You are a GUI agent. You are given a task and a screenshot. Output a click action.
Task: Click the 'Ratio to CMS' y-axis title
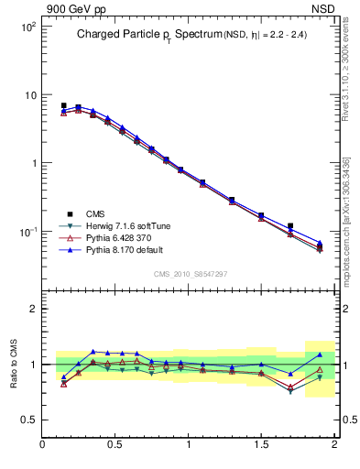coord(14,364)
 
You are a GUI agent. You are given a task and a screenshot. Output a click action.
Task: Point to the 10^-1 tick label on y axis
coord(27,232)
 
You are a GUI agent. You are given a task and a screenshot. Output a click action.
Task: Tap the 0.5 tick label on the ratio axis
coord(29,420)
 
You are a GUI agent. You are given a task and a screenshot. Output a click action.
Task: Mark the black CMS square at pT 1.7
coord(290,225)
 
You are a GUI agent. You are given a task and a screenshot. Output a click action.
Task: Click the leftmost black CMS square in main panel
coord(63,105)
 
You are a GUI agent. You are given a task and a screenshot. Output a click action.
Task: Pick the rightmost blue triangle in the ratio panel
coord(320,354)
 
